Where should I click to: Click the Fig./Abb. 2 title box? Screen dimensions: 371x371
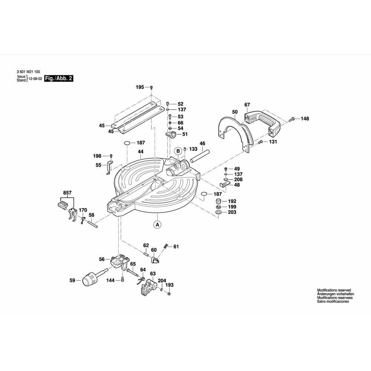(58, 79)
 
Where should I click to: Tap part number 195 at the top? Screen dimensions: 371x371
(139, 87)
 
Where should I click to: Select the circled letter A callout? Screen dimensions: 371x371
(157, 224)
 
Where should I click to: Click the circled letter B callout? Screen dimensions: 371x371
(178, 151)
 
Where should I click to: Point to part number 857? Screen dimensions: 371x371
(67, 193)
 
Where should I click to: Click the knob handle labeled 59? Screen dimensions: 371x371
(90, 280)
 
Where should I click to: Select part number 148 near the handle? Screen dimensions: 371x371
(305, 119)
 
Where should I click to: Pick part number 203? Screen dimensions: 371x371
(232, 213)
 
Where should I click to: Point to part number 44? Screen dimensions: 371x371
(141, 151)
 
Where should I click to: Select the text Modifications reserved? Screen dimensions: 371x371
(334, 290)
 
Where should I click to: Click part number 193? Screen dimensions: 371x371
(170, 285)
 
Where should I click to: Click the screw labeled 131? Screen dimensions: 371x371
(260, 142)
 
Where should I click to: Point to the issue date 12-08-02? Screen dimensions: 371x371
(35, 79)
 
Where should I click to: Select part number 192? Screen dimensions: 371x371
(232, 201)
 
